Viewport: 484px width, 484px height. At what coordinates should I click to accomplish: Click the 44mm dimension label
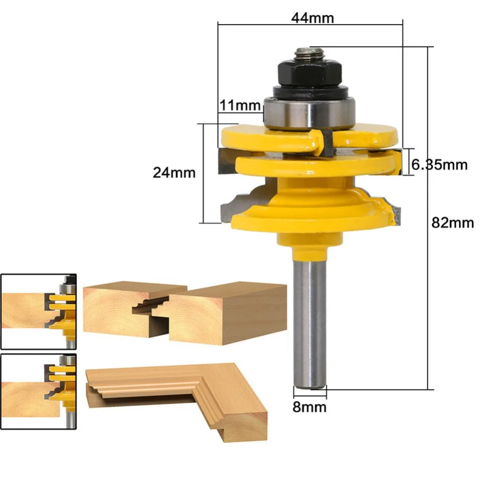point(312,18)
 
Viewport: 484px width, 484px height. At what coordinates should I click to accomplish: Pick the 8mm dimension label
point(309,407)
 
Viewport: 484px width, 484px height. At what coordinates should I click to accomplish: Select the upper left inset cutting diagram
point(39,311)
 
